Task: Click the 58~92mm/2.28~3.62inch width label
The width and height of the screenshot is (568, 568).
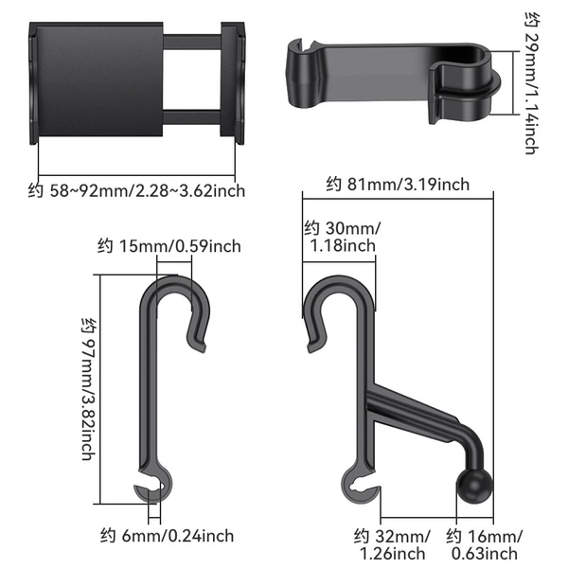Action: (x=136, y=191)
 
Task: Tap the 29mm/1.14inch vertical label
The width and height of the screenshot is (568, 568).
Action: (x=532, y=83)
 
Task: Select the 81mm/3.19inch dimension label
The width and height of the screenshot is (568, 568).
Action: (x=398, y=185)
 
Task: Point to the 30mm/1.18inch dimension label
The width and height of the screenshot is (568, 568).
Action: (x=343, y=237)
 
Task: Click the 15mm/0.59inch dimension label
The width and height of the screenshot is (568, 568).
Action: (x=169, y=246)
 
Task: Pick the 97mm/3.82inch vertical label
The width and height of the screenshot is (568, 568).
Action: (x=89, y=389)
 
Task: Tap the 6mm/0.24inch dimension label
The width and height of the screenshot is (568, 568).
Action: (x=167, y=536)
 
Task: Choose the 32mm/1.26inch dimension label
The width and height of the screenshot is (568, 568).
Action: (x=392, y=545)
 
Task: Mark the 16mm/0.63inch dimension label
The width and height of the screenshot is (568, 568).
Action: (x=485, y=545)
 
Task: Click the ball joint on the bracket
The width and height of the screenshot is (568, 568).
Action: (x=474, y=487)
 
